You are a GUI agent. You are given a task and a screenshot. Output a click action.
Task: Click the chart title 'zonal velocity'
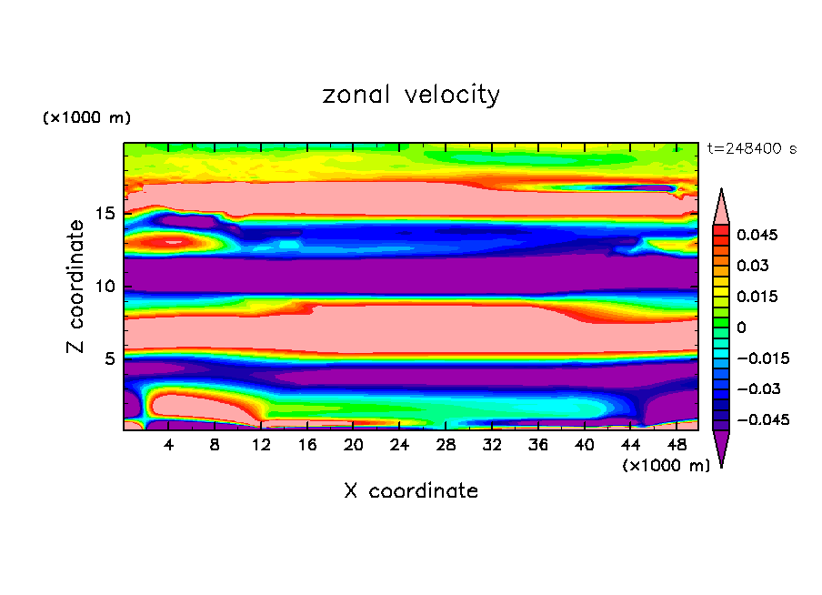tap(411, 95)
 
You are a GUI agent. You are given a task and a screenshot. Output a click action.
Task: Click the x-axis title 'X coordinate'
tap(411, 491)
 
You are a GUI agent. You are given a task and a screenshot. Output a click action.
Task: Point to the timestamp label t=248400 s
tap(751, 148)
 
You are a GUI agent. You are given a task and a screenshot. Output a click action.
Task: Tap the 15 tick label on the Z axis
tap(104, 214)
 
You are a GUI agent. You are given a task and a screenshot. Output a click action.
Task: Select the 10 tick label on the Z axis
tap(104, 287)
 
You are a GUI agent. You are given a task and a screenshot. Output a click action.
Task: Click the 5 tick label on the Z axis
tap(108, 358)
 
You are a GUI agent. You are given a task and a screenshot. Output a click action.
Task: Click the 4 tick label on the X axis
tap(169, 445)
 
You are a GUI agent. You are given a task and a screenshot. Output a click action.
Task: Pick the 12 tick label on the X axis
tap(261, 445)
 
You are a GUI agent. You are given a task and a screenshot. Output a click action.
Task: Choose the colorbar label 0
tap(742, 328)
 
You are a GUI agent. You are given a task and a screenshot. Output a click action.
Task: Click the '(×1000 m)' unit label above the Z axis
tap(86, 118)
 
